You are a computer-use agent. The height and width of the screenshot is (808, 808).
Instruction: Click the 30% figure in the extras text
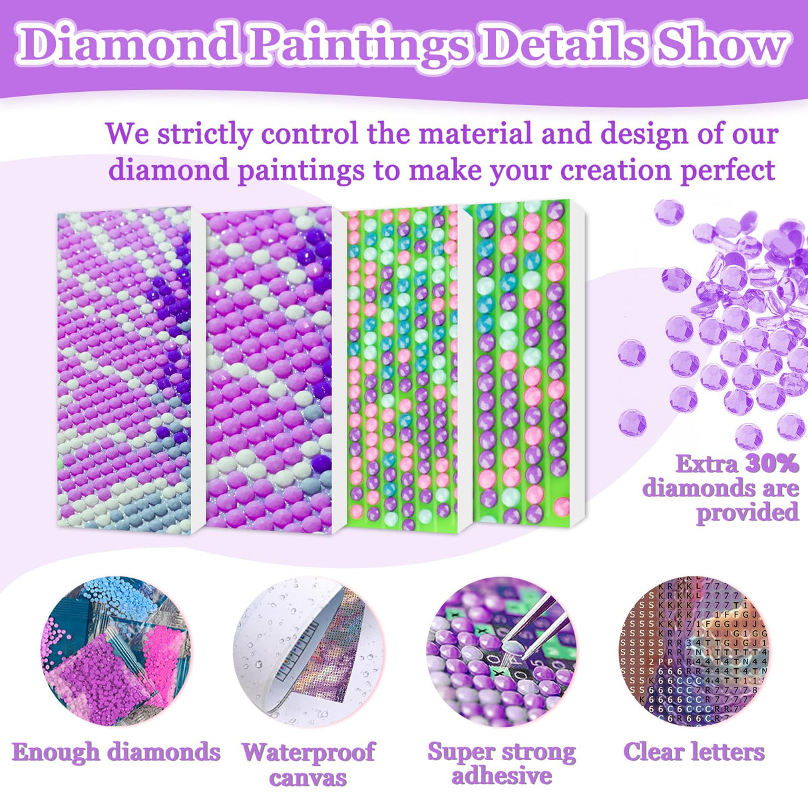pyautogui.click(x=772, y=463)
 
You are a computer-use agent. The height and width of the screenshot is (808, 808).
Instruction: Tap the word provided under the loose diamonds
pyautogui.click(x=747, y=512)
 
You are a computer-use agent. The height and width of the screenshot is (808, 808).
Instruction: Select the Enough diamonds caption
pyautogui.click(x=116, y=752)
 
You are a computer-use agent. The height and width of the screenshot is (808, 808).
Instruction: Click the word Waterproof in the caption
pyautogui.click(x=308, y=752)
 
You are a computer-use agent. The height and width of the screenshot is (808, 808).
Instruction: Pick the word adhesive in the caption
pyautogui.click(x=502, y=775)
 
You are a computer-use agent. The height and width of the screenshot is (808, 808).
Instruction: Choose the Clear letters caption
pyautogui.click(x=694, y=752)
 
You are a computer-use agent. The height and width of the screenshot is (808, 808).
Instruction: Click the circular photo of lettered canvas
pyautogui.click(x=694, y=651)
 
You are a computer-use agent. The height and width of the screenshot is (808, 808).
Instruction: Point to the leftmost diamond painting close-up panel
pyautogui.click(x=124, y=366)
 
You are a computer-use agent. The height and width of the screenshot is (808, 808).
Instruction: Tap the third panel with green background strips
pyautogui.click(x=402, y=369)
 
